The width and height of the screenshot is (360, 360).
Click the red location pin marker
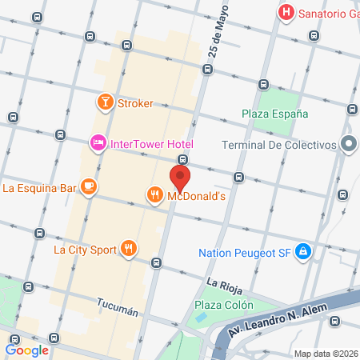(180, 178)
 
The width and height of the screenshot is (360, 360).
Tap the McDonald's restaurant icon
(154, 194)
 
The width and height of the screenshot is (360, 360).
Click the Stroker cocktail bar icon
(104, 102)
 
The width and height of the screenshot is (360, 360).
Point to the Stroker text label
(135, 103)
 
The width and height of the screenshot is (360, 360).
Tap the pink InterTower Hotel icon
(98, 143)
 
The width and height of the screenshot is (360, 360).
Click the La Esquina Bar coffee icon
(88, 188)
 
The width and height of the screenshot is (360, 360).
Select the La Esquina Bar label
(39, 189)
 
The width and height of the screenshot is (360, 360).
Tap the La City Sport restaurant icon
(128, 248)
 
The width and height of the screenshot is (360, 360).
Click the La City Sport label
(84, 249)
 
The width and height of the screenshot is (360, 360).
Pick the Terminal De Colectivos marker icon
(349, 144)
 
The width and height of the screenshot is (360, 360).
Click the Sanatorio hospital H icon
(285, 13)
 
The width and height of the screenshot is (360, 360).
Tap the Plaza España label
(276, 114)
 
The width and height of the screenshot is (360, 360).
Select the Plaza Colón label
(224, 304)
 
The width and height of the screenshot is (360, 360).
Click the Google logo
(27, 350)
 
